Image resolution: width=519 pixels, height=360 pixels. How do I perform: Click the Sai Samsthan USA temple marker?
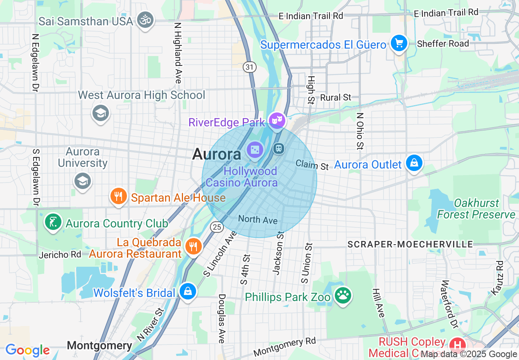pyautogui.click(x=145, y=20)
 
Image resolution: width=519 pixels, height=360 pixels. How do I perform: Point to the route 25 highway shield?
pyautogui.click(x=217, y=226)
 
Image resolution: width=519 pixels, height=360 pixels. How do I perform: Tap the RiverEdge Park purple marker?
pyautogui.click(x=277, y=120)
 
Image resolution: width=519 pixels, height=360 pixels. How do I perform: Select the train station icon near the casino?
pyautogui.click(x=279, y=148)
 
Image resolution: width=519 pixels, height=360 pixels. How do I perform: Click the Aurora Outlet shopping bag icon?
pyautogui.click(x=414, y=163)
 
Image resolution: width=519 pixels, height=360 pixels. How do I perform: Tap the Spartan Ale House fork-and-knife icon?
pyautogui.click(x=119, y=196)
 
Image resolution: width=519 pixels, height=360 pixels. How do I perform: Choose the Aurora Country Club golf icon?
pyautogui.click(x=53, y=223)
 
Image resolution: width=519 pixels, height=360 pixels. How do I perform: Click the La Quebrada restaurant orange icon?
pyautogui.click(x=192, y=246)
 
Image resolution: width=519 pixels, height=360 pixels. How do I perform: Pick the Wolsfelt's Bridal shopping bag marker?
pyautogui.click(x=187, y=291)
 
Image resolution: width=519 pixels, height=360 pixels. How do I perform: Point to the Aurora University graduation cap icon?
pyautogui.click(x=83, y=181)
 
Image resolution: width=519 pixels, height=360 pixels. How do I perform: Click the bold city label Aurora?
pyautogui.click(x=217, y=154)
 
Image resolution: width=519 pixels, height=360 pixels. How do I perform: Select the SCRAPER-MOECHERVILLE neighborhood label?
pyautogui.click(x=410, y=244)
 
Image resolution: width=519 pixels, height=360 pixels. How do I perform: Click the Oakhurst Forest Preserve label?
pyautogui.click(x=476, y=209)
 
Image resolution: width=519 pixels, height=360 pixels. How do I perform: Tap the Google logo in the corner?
pyautogui.click(x=27, y=350)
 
